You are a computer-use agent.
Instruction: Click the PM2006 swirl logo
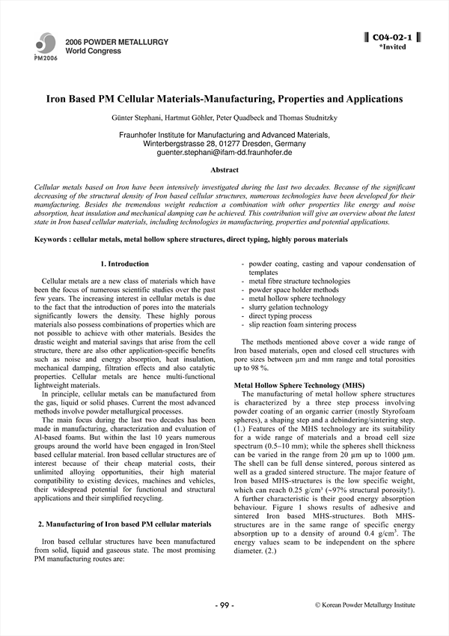[44, 45]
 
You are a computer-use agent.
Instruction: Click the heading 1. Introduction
[124, 264]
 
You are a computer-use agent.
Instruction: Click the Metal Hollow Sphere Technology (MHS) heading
[289, 385]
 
